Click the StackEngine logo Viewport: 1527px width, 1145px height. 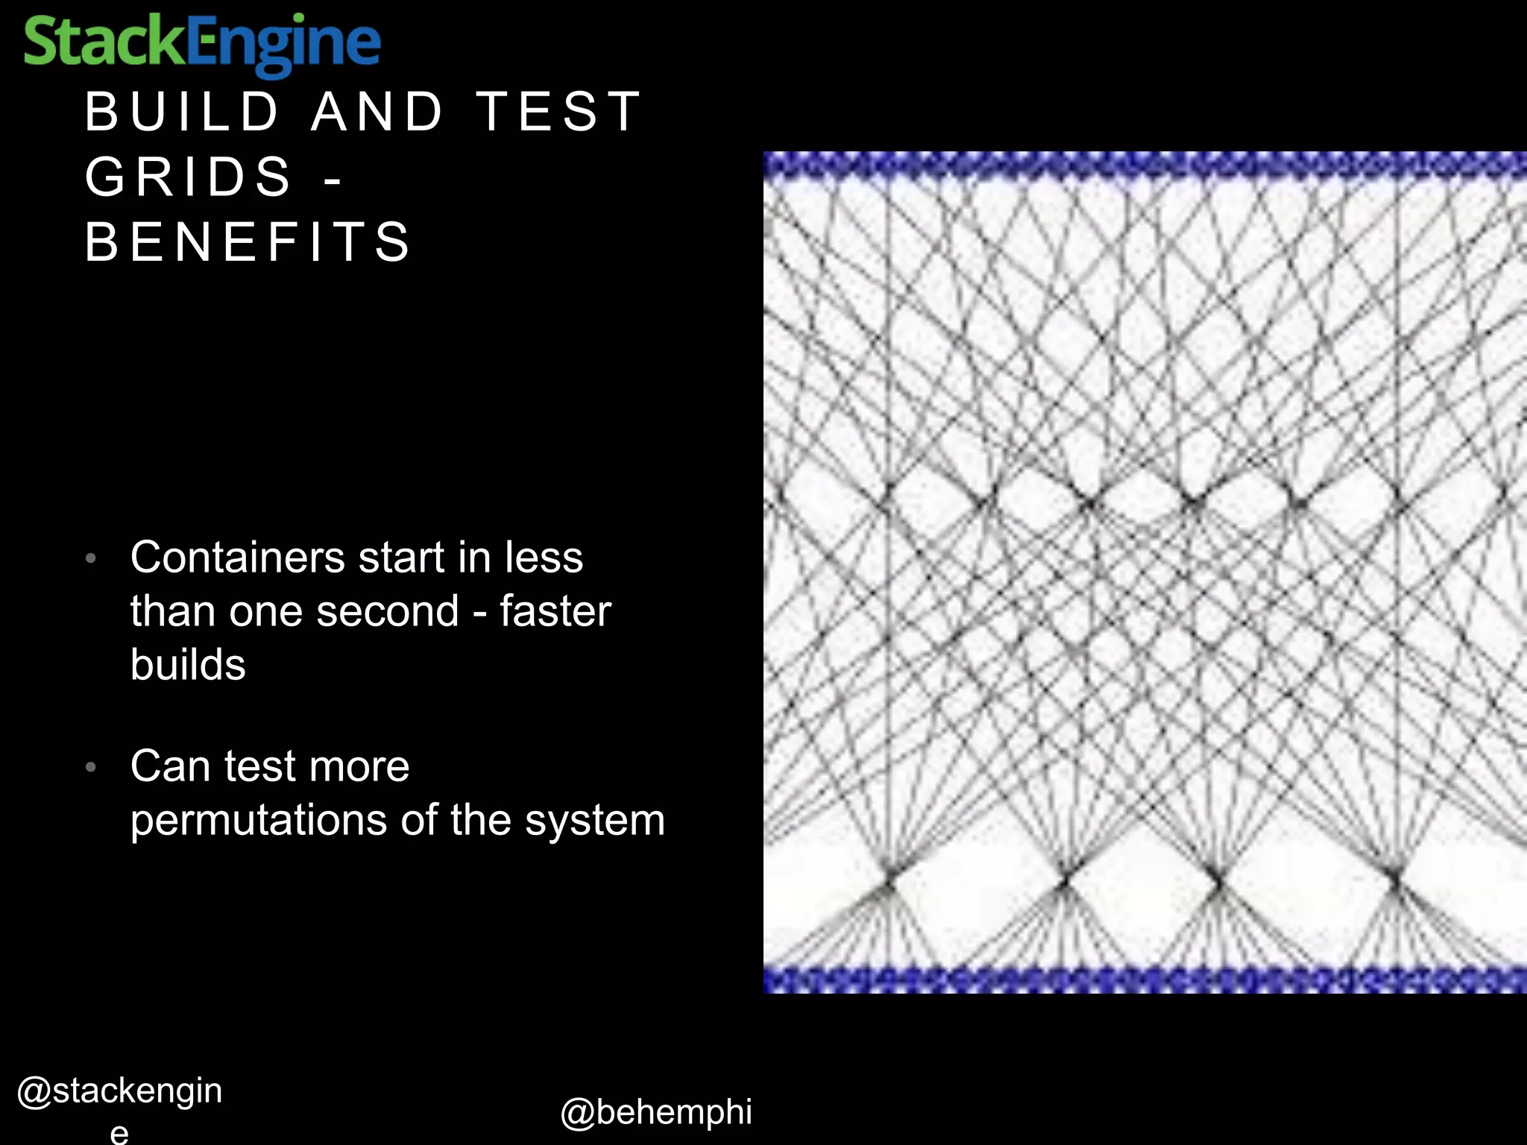coord(202,43)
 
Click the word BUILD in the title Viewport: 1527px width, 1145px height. coord(182,112)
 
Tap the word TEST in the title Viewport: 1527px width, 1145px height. coord(559,112)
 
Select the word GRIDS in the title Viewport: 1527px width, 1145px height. coord(189,177)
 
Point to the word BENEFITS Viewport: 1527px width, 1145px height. coord(248,242)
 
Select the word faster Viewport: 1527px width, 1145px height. coord(555,612)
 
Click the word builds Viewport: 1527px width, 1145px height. coord(188,665)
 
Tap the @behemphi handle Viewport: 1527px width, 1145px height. coord(656,1112)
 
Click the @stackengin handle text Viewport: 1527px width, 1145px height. coord(119,1091)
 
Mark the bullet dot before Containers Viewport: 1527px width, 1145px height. coord(91,558)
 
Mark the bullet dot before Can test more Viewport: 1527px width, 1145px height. coord(91,767)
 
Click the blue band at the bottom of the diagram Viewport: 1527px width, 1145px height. coord(1145,979)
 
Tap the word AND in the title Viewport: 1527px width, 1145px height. coord(377,112)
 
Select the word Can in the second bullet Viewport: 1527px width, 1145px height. coord(169,767)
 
